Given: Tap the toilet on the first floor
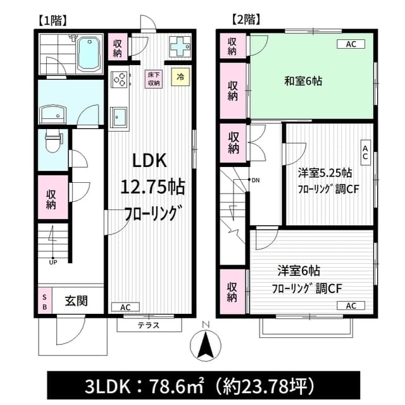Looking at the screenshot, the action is point(53,141).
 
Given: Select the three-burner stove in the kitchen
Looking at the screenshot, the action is point(119,80).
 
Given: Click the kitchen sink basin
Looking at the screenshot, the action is point(118,117).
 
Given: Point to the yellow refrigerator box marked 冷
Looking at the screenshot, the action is point(180,77).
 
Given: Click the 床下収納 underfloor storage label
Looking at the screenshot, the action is point(154,79).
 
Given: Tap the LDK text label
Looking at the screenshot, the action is point(149,161).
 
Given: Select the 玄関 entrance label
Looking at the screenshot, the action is point(76,301).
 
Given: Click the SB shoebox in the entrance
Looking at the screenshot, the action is point(45,302).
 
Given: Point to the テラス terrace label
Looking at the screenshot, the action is point(149,325).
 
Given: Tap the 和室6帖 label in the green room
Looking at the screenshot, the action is point(303,81).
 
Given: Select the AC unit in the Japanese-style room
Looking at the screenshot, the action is point(351,44).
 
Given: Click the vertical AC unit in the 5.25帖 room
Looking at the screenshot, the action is point(365,153).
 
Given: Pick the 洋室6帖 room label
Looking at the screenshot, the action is point(299,271).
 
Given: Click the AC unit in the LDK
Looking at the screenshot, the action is point(125,307).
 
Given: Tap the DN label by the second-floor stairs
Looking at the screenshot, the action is point(256,180).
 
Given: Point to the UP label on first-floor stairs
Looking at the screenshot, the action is point(53,263).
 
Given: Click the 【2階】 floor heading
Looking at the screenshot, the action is point(246,20).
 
